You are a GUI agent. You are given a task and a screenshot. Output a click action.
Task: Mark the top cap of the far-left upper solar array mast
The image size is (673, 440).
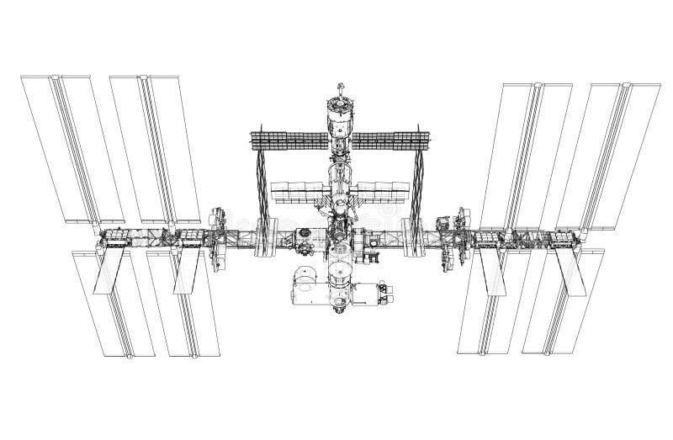coord(56,78)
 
